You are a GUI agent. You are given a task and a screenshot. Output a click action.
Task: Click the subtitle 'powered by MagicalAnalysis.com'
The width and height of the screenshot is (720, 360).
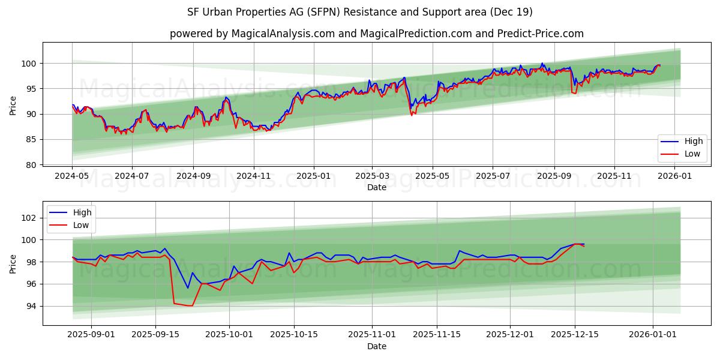pos(376,34)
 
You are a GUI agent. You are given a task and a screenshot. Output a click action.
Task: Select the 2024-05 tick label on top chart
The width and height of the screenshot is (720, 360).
pos(72,177)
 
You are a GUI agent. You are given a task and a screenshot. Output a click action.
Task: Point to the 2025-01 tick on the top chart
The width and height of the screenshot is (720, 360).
pos(314,177)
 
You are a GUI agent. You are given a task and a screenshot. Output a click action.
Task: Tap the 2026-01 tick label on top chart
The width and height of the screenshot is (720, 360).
pos(675,177)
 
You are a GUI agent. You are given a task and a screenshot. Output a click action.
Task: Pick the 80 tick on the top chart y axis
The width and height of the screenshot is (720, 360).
pos(31,164)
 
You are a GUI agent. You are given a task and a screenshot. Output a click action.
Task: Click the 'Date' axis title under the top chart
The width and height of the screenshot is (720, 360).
pos(376,188)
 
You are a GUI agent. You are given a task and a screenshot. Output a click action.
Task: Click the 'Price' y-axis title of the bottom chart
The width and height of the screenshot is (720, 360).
pos(13,263)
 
